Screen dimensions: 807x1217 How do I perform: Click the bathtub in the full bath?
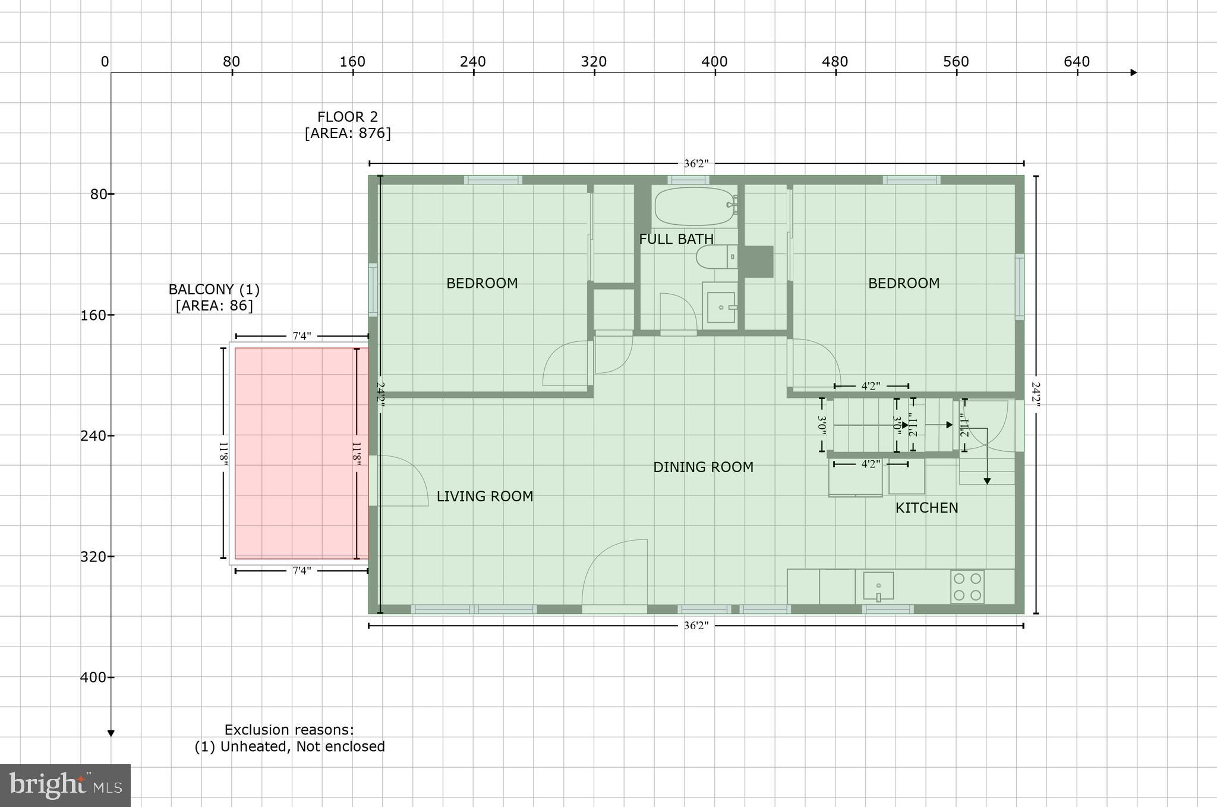[x=694, y=206]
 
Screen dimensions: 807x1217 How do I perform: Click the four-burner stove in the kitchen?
[x=967, y=586]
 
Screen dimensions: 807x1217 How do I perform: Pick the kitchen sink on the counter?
[x=878, y=586]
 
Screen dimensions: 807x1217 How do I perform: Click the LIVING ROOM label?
[x=484, y=496]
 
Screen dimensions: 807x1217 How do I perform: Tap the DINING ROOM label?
[x=703, y=467]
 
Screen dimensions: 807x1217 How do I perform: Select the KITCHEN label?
[x=926, y=508]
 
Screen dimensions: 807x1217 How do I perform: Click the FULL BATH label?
[x=676, y=239]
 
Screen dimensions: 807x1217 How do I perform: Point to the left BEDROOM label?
[x=482, y=283]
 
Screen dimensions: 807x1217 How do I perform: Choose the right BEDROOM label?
[x=903, y=283]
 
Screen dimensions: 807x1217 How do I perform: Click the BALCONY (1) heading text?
[x=214, y=290]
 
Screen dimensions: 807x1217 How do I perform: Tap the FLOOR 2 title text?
[x=347, y=117]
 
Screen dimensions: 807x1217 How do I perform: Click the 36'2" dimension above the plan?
[x=696, y=164]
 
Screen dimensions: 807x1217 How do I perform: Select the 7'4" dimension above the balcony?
[x=301, y=336]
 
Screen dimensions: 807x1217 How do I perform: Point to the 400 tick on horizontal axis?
[x=714, y=62]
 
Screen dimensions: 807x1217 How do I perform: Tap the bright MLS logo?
[x=65, y=785]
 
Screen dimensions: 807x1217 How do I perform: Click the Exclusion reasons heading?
[x=289, y=730]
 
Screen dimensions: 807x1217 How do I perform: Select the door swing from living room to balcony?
[x=402, y=481]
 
